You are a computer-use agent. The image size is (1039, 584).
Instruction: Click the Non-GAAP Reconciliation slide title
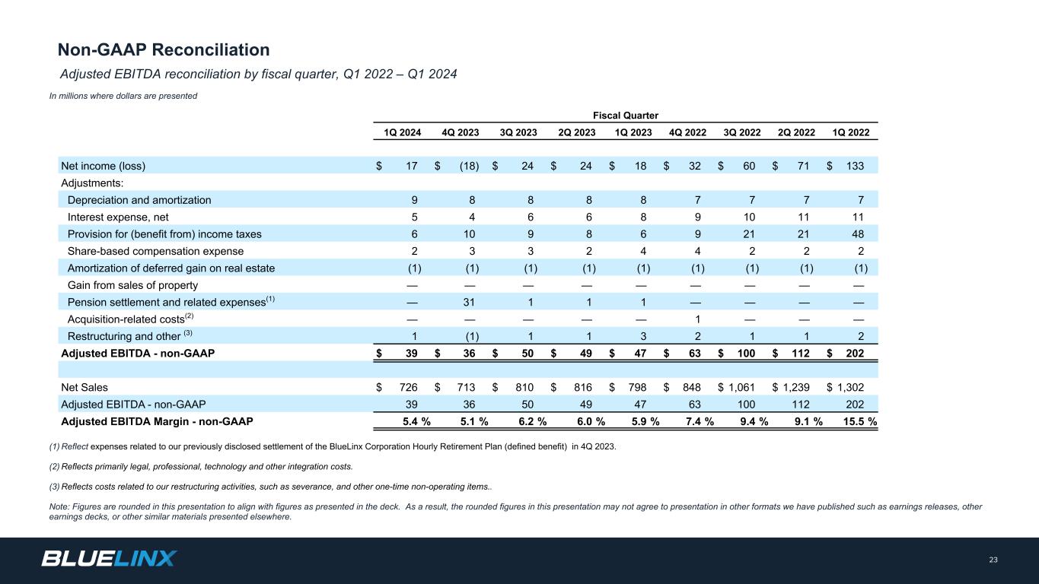(x=164, y=50)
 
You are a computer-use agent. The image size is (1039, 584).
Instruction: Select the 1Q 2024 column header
(x=401, y=132)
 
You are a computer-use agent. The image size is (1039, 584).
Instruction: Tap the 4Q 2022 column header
(x=687, y=132)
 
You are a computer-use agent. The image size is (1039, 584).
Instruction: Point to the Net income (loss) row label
(x=103, y=166)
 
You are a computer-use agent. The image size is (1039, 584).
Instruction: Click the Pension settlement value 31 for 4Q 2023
(x=470, y=302)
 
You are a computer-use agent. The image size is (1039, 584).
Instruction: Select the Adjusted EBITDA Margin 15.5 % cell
(x=856, y=421)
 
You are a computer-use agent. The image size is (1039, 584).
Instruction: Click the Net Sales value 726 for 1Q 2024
(x=410, y=387)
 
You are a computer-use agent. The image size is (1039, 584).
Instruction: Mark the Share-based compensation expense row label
(x=155, y=251)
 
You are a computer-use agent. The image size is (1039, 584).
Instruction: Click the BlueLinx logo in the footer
(x=109, y=559)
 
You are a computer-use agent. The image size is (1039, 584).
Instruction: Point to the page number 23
(x=993, y=560)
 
